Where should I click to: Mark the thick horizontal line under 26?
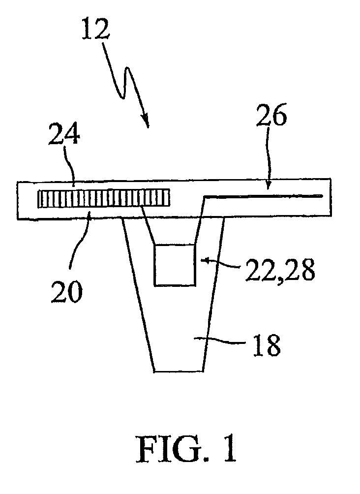263,196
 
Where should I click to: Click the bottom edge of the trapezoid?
179,370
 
